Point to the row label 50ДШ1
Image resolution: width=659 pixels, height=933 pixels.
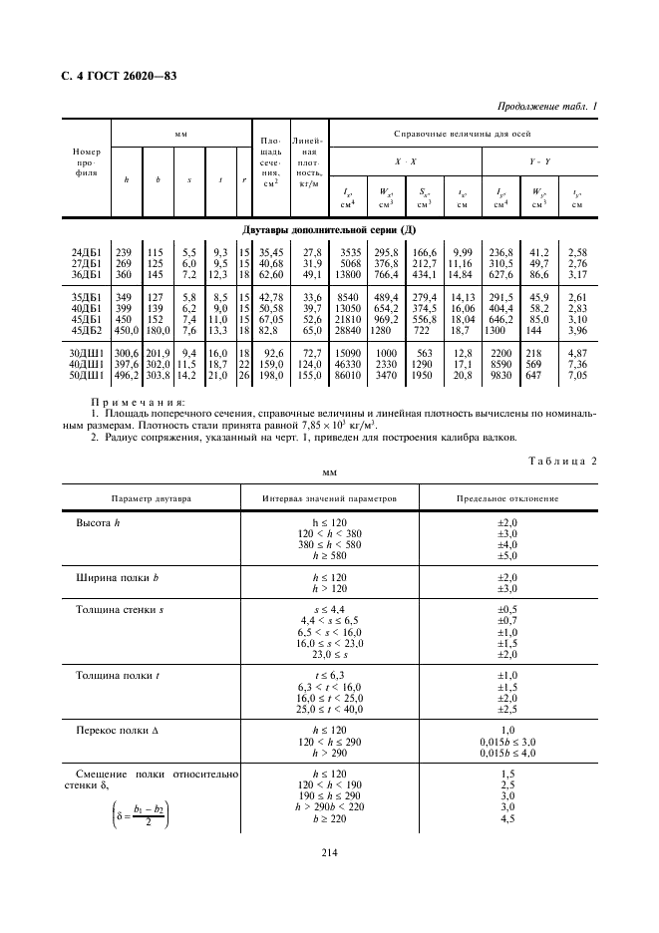point(86,378)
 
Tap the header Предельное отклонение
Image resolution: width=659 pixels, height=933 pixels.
point(506,498)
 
